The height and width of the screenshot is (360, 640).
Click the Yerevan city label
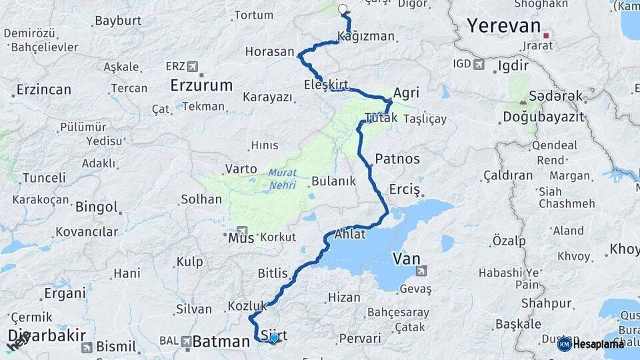503,26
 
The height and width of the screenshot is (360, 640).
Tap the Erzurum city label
201,85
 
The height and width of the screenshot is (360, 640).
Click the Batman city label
221,342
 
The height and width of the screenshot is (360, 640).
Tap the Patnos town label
397,159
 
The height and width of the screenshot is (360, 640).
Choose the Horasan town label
269,51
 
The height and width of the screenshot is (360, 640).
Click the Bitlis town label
273,273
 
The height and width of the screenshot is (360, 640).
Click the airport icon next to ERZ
193,67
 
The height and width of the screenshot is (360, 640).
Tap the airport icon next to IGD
479,65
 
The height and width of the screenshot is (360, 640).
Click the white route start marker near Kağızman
343,9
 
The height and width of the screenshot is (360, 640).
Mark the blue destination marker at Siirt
274,338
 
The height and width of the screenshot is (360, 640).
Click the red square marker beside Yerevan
546,35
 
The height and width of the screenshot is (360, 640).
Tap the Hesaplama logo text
599,344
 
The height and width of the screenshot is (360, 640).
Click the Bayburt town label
118,20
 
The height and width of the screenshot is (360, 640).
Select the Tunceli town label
44,178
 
